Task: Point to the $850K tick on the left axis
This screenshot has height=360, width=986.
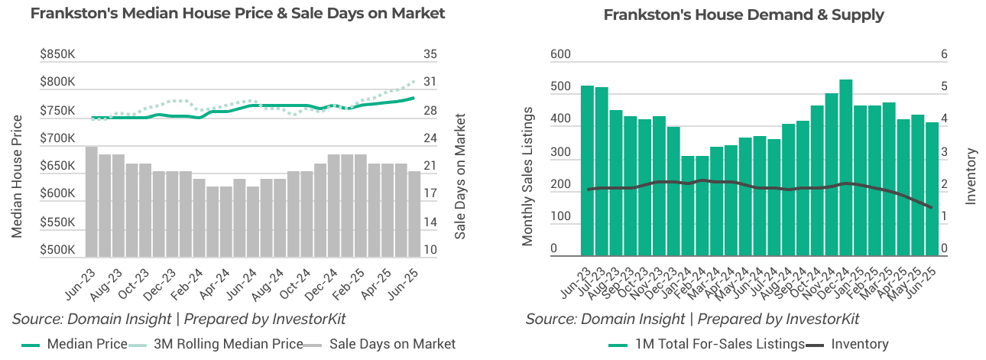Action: [58, 54]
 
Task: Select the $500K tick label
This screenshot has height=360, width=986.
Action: [58, 250]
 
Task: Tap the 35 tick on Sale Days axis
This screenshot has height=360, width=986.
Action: [430, 54]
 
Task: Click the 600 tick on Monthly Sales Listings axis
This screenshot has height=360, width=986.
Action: [560, 54]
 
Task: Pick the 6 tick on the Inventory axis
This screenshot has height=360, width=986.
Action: [944, 54]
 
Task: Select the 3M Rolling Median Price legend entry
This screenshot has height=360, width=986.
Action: [217, 344]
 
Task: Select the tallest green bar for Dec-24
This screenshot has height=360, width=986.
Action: [845, 167]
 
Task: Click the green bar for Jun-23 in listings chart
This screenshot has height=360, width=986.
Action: [587, 170]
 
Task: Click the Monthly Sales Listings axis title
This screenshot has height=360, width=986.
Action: [527, 176]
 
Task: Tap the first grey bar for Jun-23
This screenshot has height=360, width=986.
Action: [91, 201]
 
